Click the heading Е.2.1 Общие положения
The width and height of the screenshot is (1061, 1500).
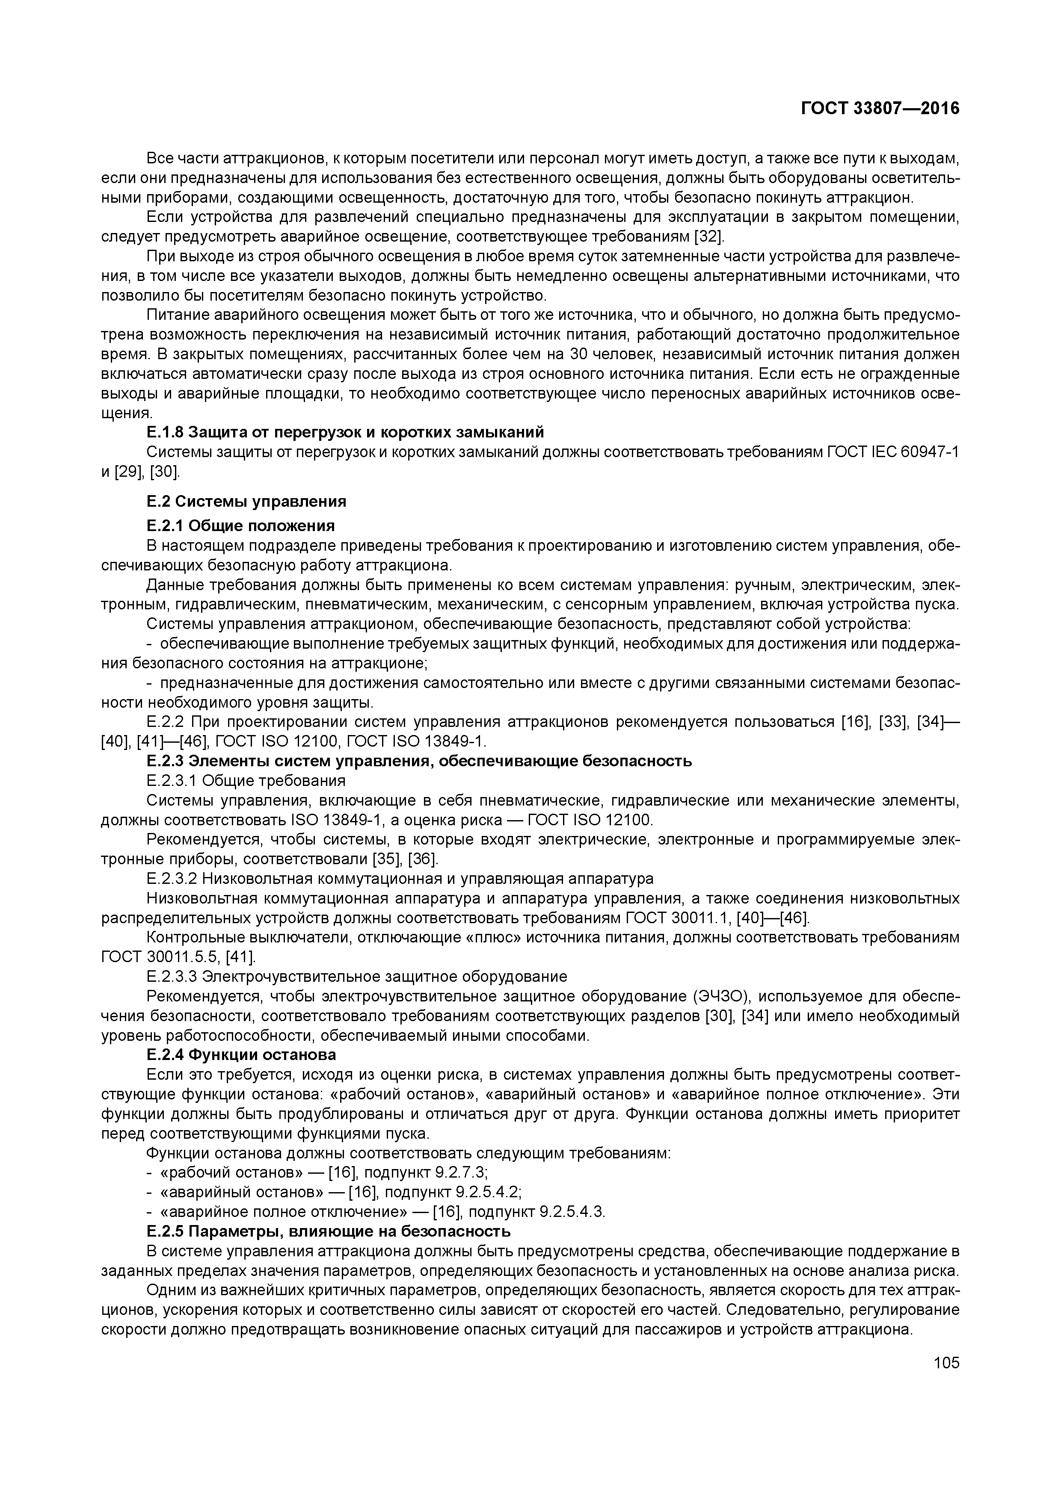point(240,526)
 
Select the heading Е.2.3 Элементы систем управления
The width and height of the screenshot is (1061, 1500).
point(418,761)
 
